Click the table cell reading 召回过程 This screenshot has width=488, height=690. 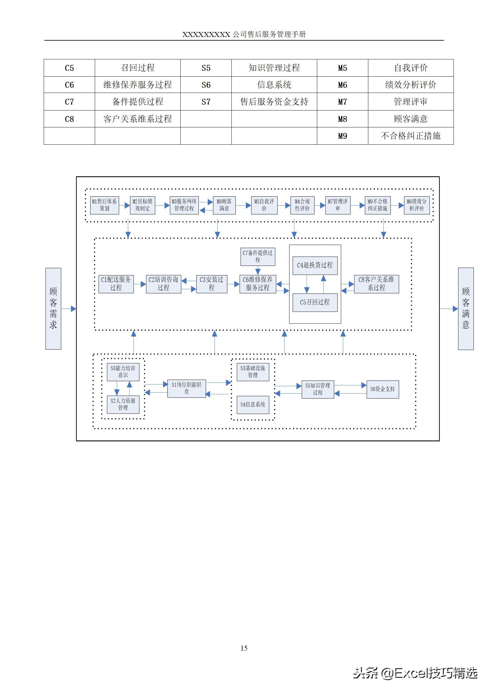coord(138,68)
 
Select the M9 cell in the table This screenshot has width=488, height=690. coord(342,136)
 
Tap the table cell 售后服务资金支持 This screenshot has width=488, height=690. coord(274,102)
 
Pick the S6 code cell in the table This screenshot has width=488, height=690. coord(206,85)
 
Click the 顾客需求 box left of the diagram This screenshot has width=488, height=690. coord(53,308)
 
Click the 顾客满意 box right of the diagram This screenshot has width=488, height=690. coord(466,308)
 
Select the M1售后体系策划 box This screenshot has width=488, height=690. coord(104,205)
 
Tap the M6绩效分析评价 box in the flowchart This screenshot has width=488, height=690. coord(417,205)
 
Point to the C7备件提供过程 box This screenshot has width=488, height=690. coord(258,257)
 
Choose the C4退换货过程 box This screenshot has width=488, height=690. coord(315,265)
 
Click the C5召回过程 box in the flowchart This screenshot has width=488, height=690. coord(315,302)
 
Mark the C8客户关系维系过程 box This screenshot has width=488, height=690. coord(376,284)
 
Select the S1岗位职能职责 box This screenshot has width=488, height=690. coord(186,388)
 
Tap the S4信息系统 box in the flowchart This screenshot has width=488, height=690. coord(253,405)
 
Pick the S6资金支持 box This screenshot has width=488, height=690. coord(382,389)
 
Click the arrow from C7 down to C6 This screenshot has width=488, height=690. coord(258,271)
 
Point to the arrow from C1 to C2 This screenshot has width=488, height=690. coord(140,284)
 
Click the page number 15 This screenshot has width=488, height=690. coord(244,648)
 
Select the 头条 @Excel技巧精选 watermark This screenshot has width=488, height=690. coord(415,673)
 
